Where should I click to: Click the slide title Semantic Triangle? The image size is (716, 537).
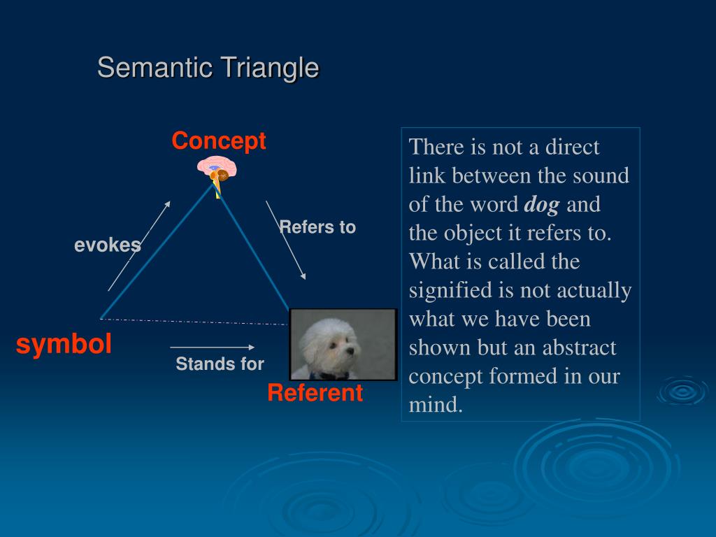[x=208, y=68]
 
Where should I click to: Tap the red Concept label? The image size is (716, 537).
[x=219, y=140]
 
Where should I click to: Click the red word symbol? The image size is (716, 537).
[x=64, y=344]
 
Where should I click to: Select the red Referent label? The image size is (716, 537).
[x=315, y=392]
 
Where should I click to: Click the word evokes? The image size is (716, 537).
[x=107, y=245]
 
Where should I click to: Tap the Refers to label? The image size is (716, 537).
[x=317, y=227]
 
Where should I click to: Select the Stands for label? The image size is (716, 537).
[x=220, y=364]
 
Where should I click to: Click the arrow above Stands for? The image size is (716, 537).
[x=213, y=348]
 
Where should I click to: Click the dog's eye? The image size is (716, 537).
[x=335, y=344]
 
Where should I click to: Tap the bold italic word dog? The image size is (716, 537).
[x=542, y=205]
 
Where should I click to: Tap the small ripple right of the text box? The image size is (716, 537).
[x=682, y=392]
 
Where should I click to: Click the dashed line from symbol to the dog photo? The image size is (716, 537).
[x=194, y=322]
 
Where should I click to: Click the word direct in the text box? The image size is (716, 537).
[x=572, y=147]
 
